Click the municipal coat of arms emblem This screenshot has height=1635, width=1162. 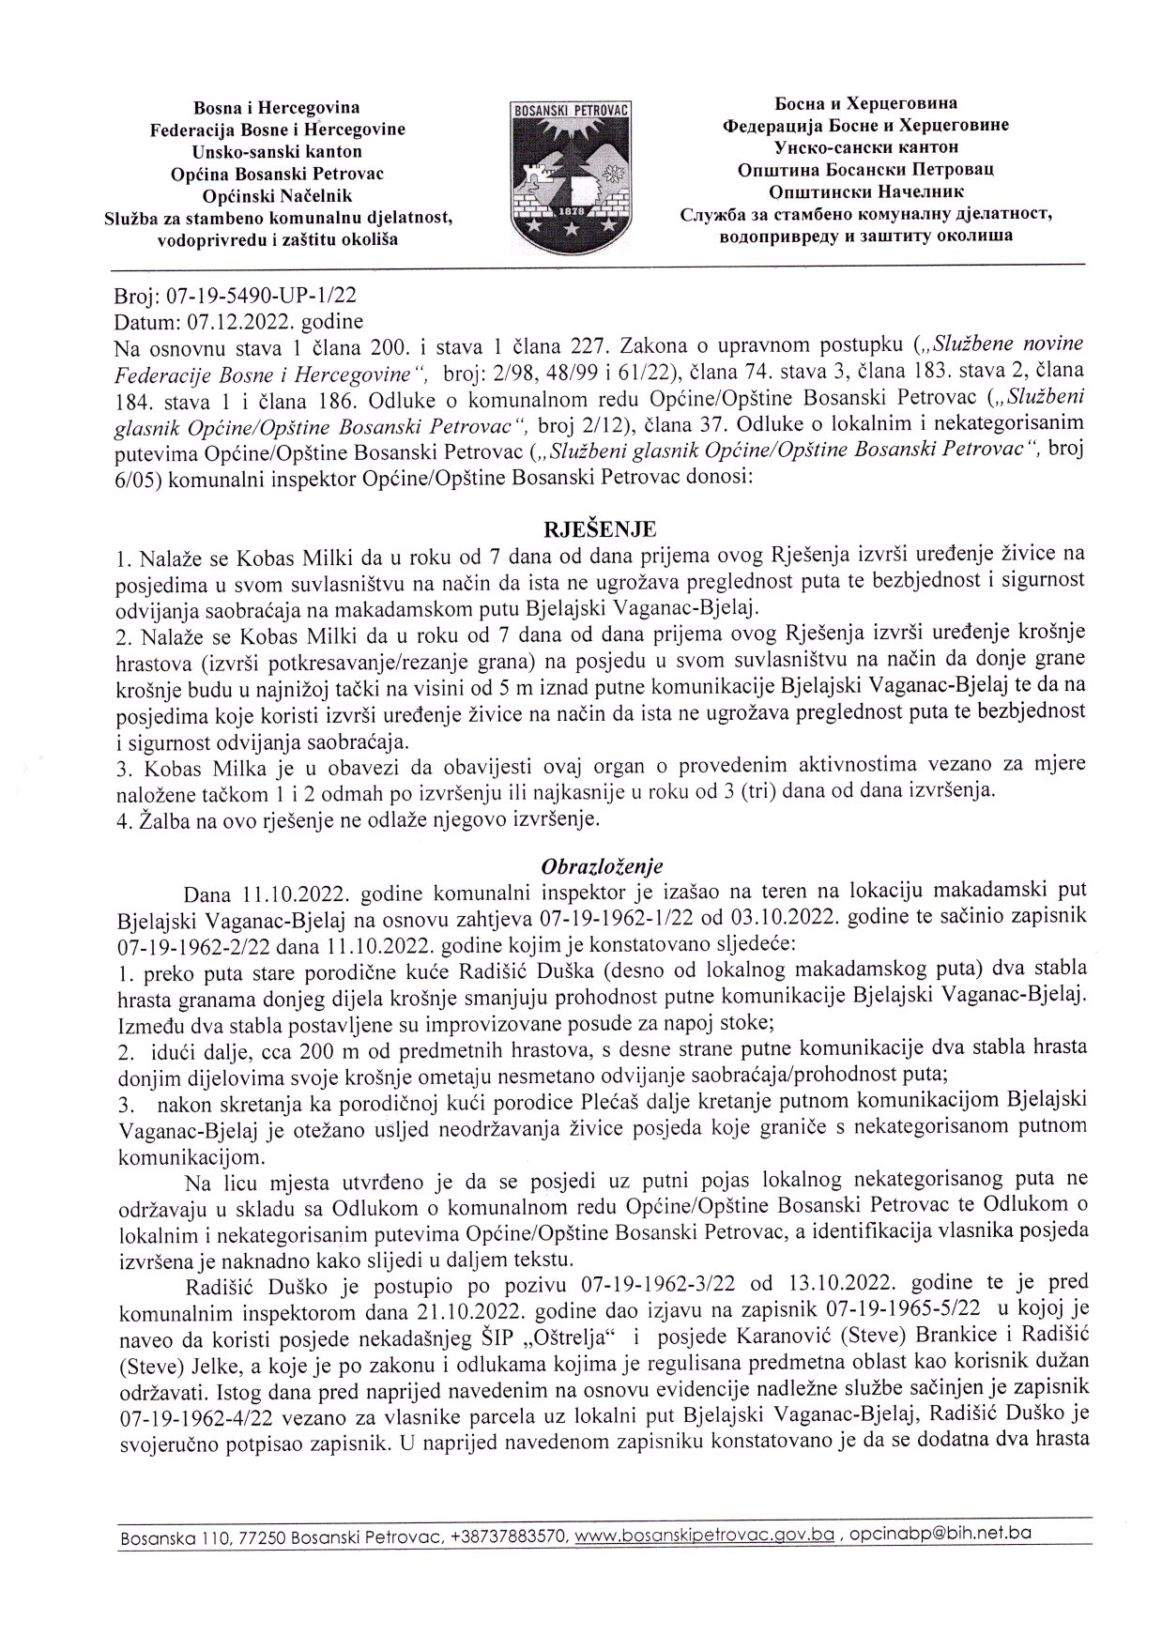571,173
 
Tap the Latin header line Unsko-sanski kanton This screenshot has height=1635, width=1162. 277,151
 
